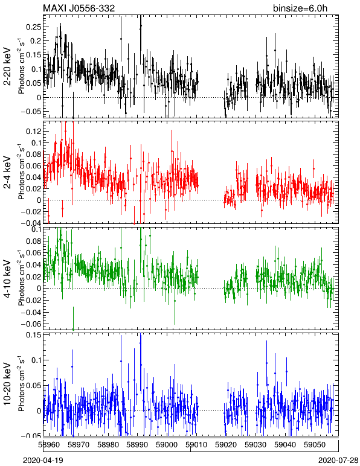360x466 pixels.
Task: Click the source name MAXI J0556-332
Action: [x=79, y=8]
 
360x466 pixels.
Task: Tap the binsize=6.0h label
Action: [x=300, y=8]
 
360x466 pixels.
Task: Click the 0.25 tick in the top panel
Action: [x=33, y=27]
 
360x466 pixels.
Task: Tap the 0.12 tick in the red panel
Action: [x=33, y=132]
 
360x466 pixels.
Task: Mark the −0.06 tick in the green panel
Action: [x=31, y=324]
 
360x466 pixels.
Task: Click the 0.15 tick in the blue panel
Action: [x=33, y=335]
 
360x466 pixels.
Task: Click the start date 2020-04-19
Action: [x=43, y=461]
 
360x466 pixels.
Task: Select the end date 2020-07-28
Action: [x=338, y=461]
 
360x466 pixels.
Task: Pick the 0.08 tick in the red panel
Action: [x=33, y=155]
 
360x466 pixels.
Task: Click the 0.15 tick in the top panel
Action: [x=33, y=55]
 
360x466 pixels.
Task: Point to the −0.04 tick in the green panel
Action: [x=31, y=312]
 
